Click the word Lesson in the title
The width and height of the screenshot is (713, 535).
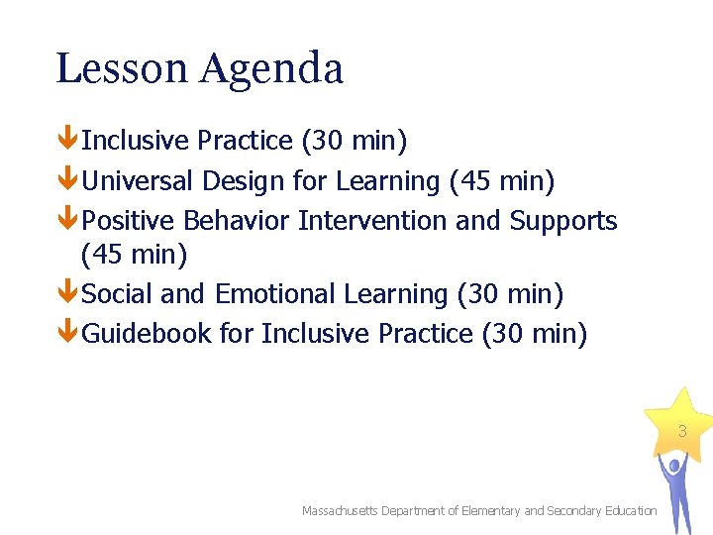point(122,68)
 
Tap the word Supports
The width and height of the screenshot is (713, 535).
point(563,222)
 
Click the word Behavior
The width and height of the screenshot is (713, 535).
point(237,220)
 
